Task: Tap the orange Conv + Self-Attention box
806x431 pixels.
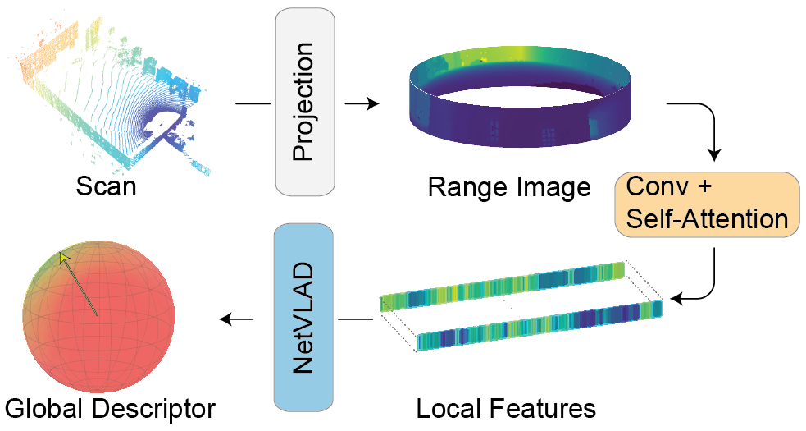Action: pyautogui.click(x=707, y=204)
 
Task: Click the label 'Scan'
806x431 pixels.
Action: pyautogui.click(x=106, y=186)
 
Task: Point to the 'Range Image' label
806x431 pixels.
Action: pyautogui.click(x=508, y=188)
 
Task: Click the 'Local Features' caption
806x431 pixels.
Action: pyautogui.click(x=506, y=407)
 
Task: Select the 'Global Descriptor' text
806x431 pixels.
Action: pyautogui.click(x=110, y=407)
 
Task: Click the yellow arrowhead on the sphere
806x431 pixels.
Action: pyautogui.click(x=64, y=259)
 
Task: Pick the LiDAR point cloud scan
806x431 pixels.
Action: pyautogui.click(x=115, y=99)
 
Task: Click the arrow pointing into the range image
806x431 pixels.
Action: pyautogui.click(x=362, y=104)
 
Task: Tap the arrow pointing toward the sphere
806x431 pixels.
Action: pyautogui.click(x=237, y=319)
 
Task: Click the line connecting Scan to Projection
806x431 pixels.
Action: pyautogui.click(x=253, y=104)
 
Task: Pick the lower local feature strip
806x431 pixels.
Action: pyautogui.click(x=537, y=324)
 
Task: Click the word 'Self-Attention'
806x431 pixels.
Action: pyautogui.click(x=707, y=219)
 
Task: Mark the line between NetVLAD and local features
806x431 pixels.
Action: pyautogui.click(x=356, y=319)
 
